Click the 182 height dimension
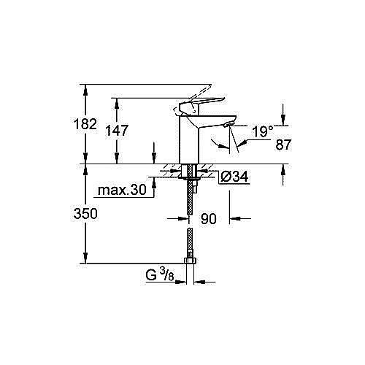click(x=86, y=124)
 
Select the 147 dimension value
click(x=117, y=131)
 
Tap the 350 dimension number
click(x=86, y=213)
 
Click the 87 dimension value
click(x=283, y=145)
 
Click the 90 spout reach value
click(x=210, y=218)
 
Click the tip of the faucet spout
click(x=227, y=126)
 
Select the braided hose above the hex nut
click(x=190, y=241)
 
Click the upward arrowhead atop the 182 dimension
click(x=86, y=88)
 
